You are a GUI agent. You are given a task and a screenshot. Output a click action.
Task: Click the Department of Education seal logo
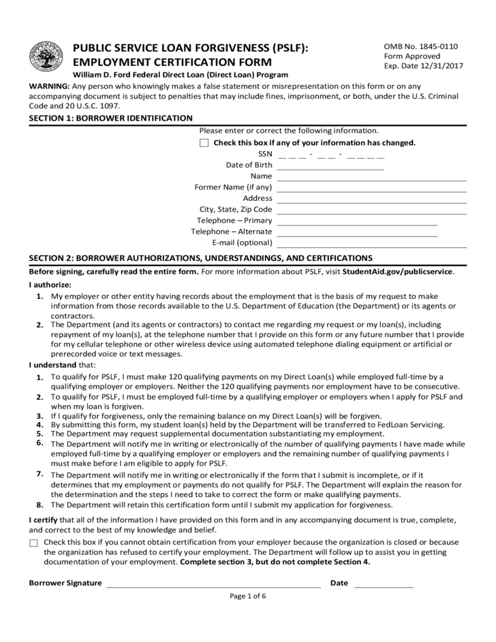pos(46,57)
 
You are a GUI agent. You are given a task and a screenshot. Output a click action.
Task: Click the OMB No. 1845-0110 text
pos(421,46)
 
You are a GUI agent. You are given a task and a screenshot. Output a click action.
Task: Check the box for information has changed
pos(204,143)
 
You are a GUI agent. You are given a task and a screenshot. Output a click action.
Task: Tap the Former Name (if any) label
pos(233,187)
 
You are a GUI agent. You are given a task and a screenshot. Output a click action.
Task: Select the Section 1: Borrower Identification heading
pos(110,118)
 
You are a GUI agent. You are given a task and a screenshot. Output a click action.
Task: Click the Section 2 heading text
pos(200,258)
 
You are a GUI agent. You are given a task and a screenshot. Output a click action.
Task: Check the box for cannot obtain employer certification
pos(34,543)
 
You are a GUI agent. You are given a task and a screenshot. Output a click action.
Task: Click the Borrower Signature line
pos(213,584)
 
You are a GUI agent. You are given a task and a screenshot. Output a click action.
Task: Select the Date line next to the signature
pos(384,584)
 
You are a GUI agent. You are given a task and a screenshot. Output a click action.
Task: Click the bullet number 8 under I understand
pos(40,505)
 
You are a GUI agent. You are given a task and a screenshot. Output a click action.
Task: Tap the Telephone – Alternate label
pos(232,231)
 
